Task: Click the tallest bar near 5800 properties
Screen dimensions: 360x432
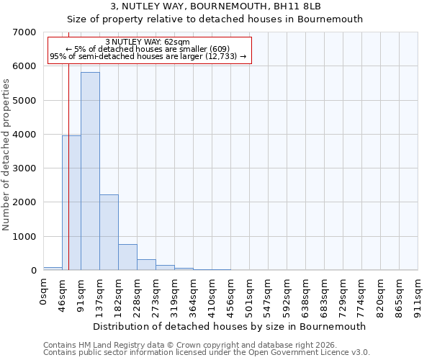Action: [90, 171]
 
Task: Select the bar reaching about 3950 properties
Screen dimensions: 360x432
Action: [71, 203]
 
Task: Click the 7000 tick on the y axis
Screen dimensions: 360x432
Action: [25, 32]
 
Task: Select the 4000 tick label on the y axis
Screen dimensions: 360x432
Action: [25, 135]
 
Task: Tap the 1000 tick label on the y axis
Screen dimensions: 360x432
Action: [25, 237]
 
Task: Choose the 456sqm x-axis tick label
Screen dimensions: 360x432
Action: [231, 292]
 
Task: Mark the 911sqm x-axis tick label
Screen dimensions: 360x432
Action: [418, 292]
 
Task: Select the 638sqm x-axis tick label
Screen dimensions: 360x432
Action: [306, 292]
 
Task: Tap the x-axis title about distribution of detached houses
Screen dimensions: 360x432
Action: [230, 326]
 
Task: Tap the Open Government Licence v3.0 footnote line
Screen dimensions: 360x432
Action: [207, 353]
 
